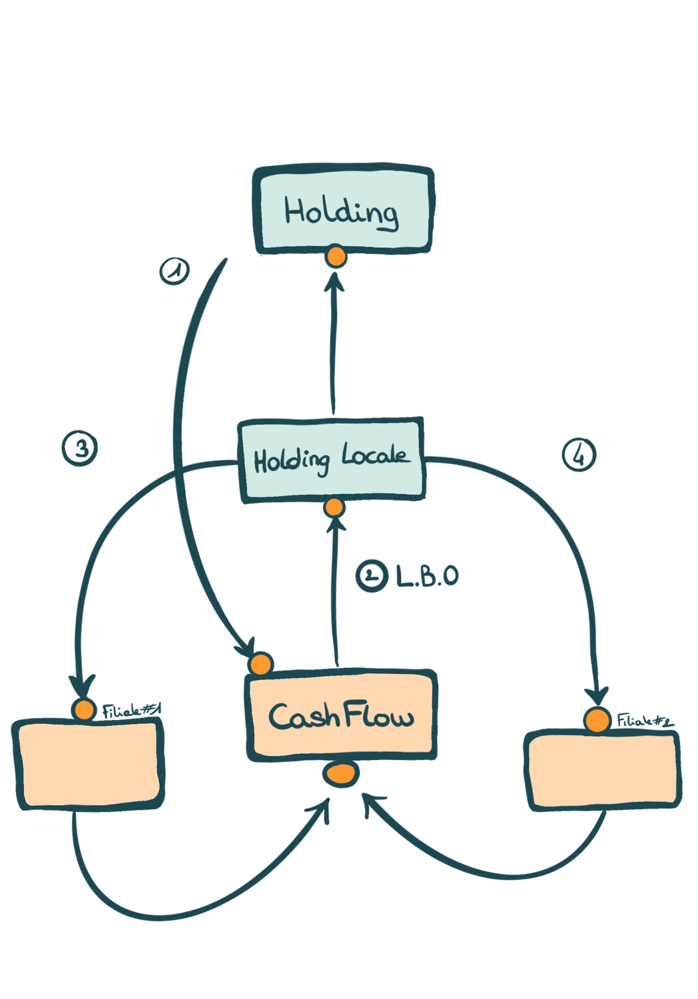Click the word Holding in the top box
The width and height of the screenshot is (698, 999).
(342, 212)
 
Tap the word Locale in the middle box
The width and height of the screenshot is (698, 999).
(374, 456)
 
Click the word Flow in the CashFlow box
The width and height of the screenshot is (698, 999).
(379, 716)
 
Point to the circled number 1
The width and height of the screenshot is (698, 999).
(175, 270)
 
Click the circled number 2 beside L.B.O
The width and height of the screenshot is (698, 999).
(372, 575)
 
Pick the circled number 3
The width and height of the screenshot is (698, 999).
(81, 448)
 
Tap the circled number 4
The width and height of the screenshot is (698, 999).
(579, 455)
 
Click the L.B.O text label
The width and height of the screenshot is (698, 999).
(427, 576)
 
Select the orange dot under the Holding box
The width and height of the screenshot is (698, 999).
(336, 256)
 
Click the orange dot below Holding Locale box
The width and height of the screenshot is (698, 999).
(334, 507)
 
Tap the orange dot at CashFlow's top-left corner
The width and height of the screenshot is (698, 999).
(260, 664)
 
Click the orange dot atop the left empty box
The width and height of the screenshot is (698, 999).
(85, 710)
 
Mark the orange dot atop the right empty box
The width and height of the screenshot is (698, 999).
(597, 720)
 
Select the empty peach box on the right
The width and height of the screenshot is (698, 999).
(603, 771)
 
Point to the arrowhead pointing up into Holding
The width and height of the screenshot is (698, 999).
(334, 282)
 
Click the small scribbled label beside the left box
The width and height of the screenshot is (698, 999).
(132, 710)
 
